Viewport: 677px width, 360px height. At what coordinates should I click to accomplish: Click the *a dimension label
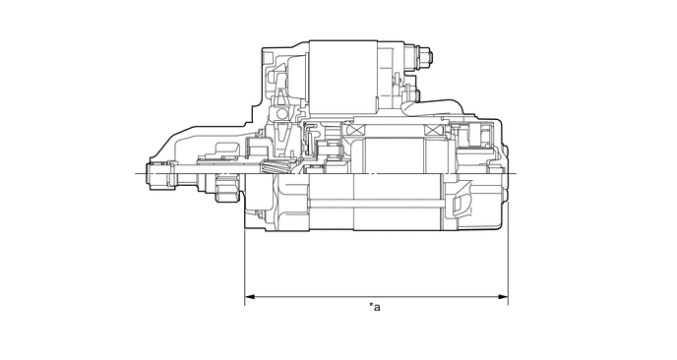(375, 307)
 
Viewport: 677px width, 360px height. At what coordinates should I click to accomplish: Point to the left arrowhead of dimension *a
(250, 297)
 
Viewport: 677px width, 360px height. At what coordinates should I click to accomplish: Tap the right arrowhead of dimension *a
(503, 297)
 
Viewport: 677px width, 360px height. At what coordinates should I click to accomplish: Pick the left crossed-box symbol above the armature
(355, 130)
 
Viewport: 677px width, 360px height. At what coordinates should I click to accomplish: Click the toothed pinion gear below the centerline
(227, 188)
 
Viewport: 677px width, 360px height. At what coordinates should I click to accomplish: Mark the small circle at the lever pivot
(281, 114)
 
